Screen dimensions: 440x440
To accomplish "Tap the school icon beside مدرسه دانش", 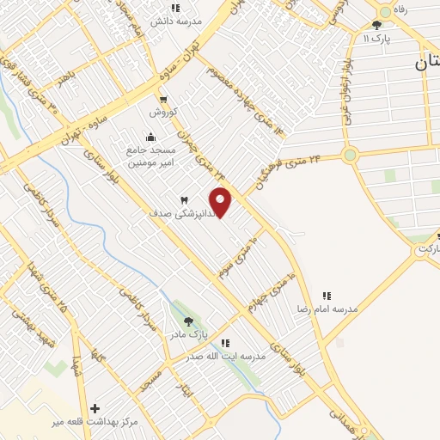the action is (x=175, y=8).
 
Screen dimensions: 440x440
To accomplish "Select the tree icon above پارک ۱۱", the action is (x=376, y=25).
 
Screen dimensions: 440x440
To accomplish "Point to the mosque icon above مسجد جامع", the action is (x=151, y=136).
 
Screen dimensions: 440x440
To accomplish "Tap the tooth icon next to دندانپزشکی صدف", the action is (x=183, y=199).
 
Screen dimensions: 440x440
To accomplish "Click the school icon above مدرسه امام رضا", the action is (x=326, y=295).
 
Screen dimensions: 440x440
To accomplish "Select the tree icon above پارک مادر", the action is (x=188, y=321).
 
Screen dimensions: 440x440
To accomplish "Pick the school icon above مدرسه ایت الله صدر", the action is (x=225, y=343).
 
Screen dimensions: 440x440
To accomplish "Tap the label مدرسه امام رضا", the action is (x=326, y=308).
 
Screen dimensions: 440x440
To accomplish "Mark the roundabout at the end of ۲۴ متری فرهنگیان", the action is (x=349, y=156).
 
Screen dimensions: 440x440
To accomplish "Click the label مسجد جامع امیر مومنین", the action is (x=151, y=156).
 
